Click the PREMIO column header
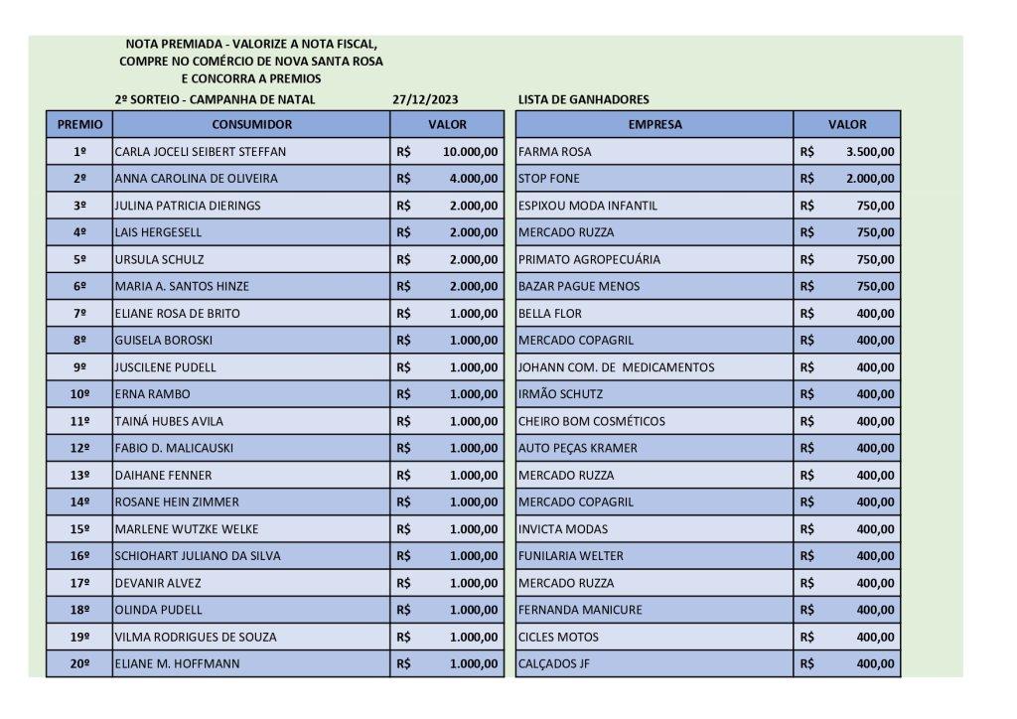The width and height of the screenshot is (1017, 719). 79,125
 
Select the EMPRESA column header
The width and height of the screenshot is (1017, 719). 654,125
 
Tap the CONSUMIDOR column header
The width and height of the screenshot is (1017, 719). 251,125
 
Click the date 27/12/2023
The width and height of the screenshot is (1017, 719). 426,99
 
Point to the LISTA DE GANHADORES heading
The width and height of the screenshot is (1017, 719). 583,99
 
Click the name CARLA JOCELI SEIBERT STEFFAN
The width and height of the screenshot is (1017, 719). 201,152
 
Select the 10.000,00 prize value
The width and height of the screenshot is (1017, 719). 471,152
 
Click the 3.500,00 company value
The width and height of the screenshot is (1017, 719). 870,152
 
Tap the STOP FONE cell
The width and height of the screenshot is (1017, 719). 549,179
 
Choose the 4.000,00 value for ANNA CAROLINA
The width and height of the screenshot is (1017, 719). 474,179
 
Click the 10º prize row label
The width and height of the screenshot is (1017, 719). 79,394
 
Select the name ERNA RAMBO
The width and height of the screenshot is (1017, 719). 153,394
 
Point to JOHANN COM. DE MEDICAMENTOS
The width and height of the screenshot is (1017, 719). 616,367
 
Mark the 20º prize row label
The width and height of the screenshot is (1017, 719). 79,663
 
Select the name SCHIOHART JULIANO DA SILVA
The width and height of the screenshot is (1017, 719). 198,556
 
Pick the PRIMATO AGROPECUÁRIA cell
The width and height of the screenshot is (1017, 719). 589,259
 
